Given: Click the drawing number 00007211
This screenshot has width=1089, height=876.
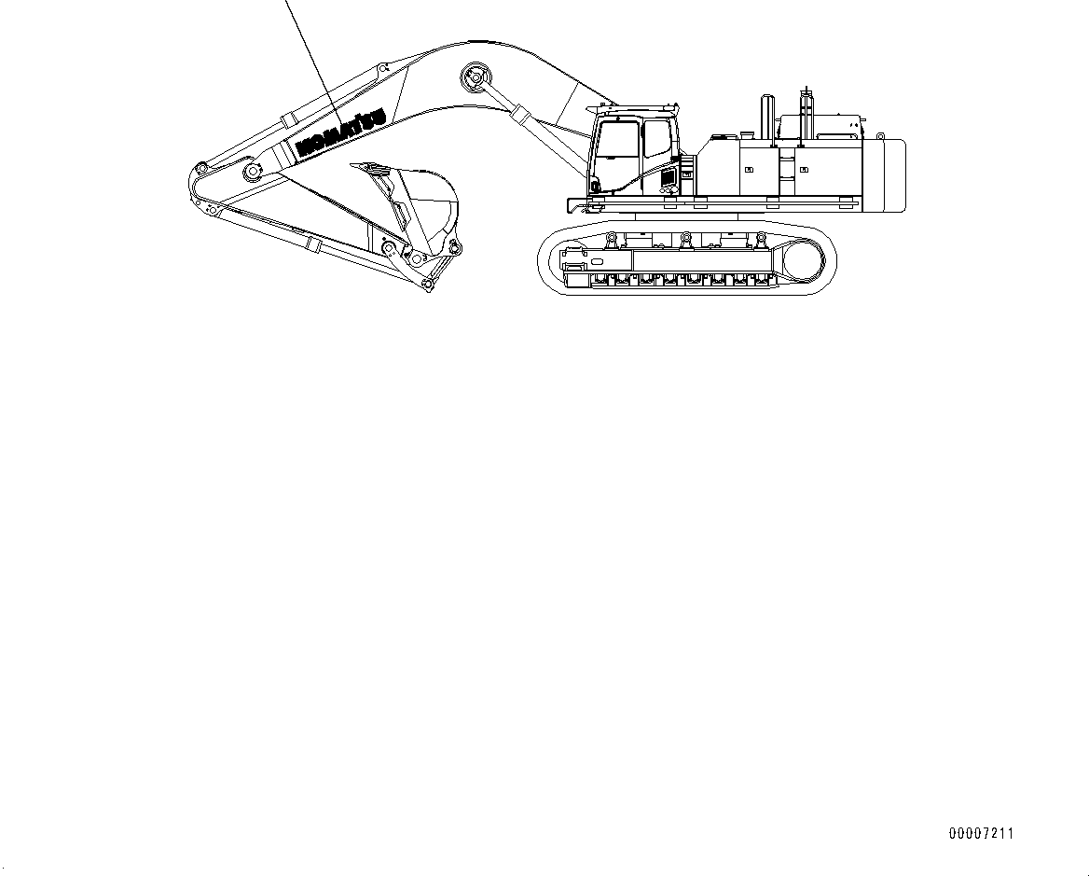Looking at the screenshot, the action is pyautogui.click(x=980, y=833).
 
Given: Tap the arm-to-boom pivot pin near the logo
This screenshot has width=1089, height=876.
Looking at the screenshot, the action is pyautogui.click(x=251, y=172).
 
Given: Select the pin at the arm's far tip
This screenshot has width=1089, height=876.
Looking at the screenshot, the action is pyautogui.click(x=198, y=171).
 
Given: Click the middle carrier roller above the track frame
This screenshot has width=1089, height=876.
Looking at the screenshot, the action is pyautogui.click(x=686, y=242).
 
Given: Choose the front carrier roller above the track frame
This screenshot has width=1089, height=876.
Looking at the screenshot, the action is pyautogui.click(x=613, y=242).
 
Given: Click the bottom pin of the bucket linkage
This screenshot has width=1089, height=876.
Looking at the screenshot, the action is pyautogui.click(x=427, y=284).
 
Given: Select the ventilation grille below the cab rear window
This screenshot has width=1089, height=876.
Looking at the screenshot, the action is pyautogui.click(x=668, y=177).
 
